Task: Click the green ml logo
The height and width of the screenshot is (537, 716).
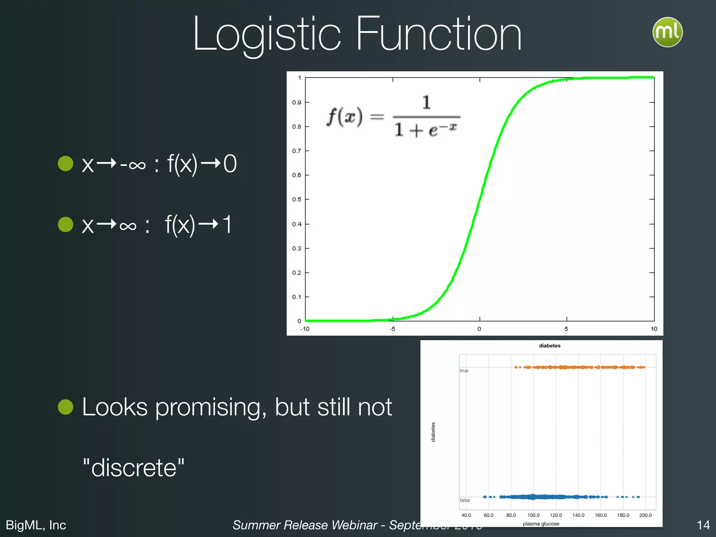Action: (667, 32)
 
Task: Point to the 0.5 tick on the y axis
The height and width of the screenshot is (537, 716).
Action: (297, 199)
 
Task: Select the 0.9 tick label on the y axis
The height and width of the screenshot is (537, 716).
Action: (297, 102)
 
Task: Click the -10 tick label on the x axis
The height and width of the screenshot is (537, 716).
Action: (305, 329)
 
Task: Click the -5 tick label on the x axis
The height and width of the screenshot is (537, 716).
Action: (393, 329)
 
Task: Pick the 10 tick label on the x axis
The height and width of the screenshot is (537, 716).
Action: (654, 329)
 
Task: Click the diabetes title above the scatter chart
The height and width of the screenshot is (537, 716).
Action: (550, 346)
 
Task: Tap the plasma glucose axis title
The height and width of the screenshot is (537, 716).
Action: (541, 524)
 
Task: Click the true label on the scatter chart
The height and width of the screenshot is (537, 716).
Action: (464, 371)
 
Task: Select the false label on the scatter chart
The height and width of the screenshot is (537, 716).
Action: (465, 500)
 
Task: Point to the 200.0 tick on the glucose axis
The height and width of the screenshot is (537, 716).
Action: (645, 515)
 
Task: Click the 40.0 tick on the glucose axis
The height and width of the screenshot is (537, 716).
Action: (466, 515)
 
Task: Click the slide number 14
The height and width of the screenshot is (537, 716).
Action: (703, 525)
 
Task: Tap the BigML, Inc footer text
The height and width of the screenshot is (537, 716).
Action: (36, 525)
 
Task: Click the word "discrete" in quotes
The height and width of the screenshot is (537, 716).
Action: (134, 468)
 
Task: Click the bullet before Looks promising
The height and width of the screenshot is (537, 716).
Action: (65, 407)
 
